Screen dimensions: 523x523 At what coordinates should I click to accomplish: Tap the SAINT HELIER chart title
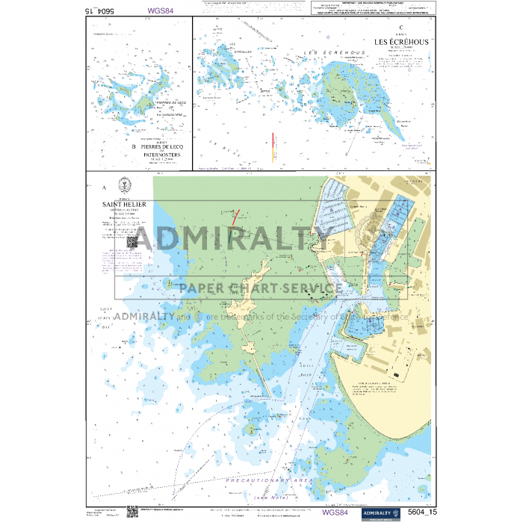pyautogui.click(x=125, y=204)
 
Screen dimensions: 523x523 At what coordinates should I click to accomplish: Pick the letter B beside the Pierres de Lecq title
pyautogui.click(x=133, y=147)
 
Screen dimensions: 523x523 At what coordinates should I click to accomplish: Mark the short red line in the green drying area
pyautogui.click(x=235, y=217)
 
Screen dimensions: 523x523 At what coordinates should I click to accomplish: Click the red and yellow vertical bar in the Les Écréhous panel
pyautogui.click(x=272, y=144)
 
